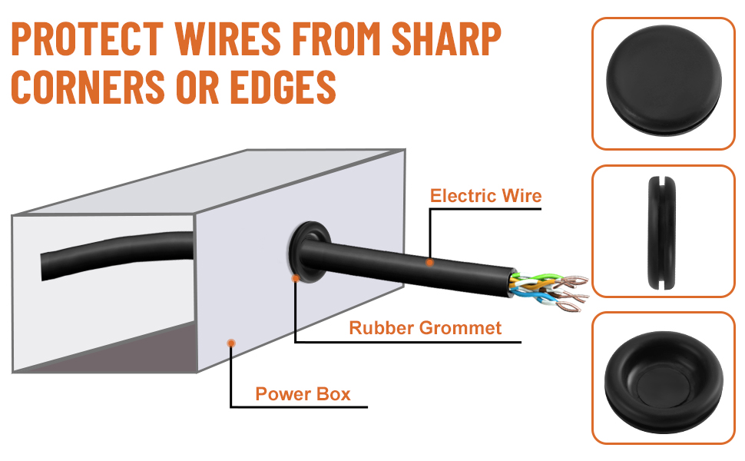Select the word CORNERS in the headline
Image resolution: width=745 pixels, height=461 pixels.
point(88,87)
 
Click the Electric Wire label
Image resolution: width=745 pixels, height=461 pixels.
point(485,196)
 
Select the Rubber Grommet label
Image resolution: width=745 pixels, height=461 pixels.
point(425,328)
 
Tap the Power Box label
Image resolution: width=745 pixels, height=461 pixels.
point(303,394)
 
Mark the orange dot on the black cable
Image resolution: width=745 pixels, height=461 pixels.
point(429,262)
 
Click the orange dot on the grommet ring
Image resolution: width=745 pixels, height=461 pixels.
point(296,278)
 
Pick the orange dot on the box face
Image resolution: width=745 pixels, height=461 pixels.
point(231,343)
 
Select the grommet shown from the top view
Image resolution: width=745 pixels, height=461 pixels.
point(664,80)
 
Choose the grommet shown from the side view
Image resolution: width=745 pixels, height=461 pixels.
point(662,232)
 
